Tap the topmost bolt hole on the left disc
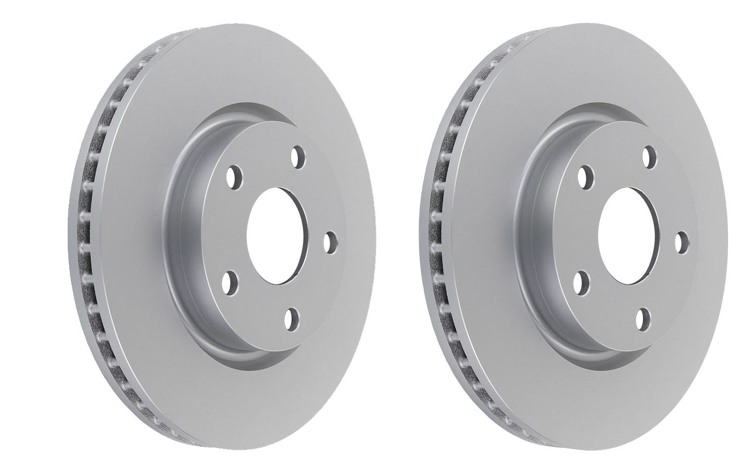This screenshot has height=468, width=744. [297, 157]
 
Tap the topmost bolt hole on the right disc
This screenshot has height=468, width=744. [648, 157]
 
